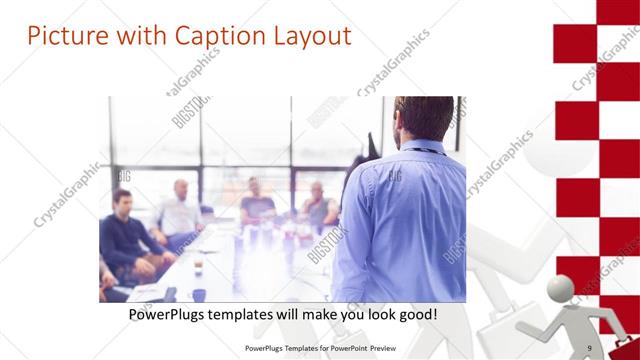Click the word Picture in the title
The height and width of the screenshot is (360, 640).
click(62, 36)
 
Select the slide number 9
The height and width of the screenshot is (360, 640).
click(589, 347)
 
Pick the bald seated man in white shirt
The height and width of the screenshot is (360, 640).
click(179, 210)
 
